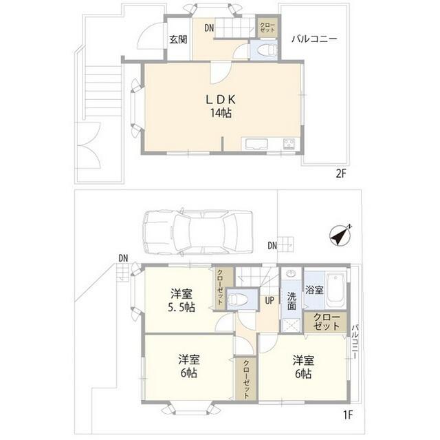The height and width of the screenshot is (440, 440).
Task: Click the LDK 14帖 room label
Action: [221, 106]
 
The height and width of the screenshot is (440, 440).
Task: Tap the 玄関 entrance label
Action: [178, 40]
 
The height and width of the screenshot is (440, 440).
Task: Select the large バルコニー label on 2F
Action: [314, 39]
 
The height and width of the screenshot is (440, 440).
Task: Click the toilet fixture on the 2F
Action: [268, 50]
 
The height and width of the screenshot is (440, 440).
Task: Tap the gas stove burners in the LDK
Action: [289, 145]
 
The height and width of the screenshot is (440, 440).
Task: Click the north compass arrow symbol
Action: [340, 235]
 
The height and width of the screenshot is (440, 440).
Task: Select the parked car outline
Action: [198, 233]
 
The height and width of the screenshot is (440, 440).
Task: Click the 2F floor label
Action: [341, 174]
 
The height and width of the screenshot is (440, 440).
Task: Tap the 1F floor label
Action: [348, 415]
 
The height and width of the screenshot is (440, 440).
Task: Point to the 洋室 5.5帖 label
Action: [181, 300]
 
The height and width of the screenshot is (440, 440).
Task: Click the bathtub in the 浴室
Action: [335, 291]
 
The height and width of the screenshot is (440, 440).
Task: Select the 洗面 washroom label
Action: [291, 301]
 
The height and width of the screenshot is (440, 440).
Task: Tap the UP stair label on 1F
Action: [269, 300]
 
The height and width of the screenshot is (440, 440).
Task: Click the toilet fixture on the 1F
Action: [239, 300]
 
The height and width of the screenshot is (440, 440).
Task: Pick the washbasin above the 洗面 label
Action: [291, 273]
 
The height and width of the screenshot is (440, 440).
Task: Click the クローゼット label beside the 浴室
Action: [327, 322]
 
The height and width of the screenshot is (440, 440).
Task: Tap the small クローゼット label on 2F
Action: [267, 28]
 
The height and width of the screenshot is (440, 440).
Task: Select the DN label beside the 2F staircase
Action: [209, 28]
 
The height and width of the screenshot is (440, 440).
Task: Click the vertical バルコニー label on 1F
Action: [355, 342]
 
